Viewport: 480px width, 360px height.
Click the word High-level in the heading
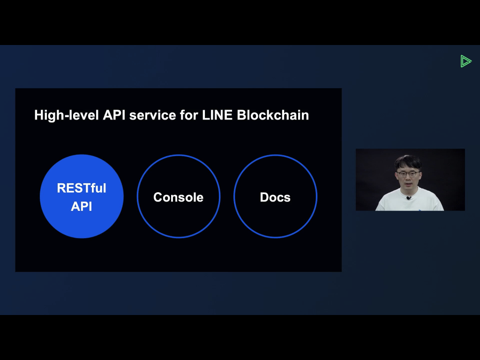pos(67,115)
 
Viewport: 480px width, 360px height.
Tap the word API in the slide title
pos(114,115)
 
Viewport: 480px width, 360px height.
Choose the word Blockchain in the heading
pos(273,115)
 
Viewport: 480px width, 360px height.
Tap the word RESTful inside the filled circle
pos(82,188)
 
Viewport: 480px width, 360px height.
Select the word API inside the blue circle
pos(82,206)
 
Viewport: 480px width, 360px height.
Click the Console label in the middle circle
pos(178,197)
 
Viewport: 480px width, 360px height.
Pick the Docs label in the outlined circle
pos(275,197)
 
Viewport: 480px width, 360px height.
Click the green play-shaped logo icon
pos(465,61)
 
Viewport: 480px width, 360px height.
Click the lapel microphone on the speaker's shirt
pos(409,198)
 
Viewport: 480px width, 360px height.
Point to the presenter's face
pos(408,177)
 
